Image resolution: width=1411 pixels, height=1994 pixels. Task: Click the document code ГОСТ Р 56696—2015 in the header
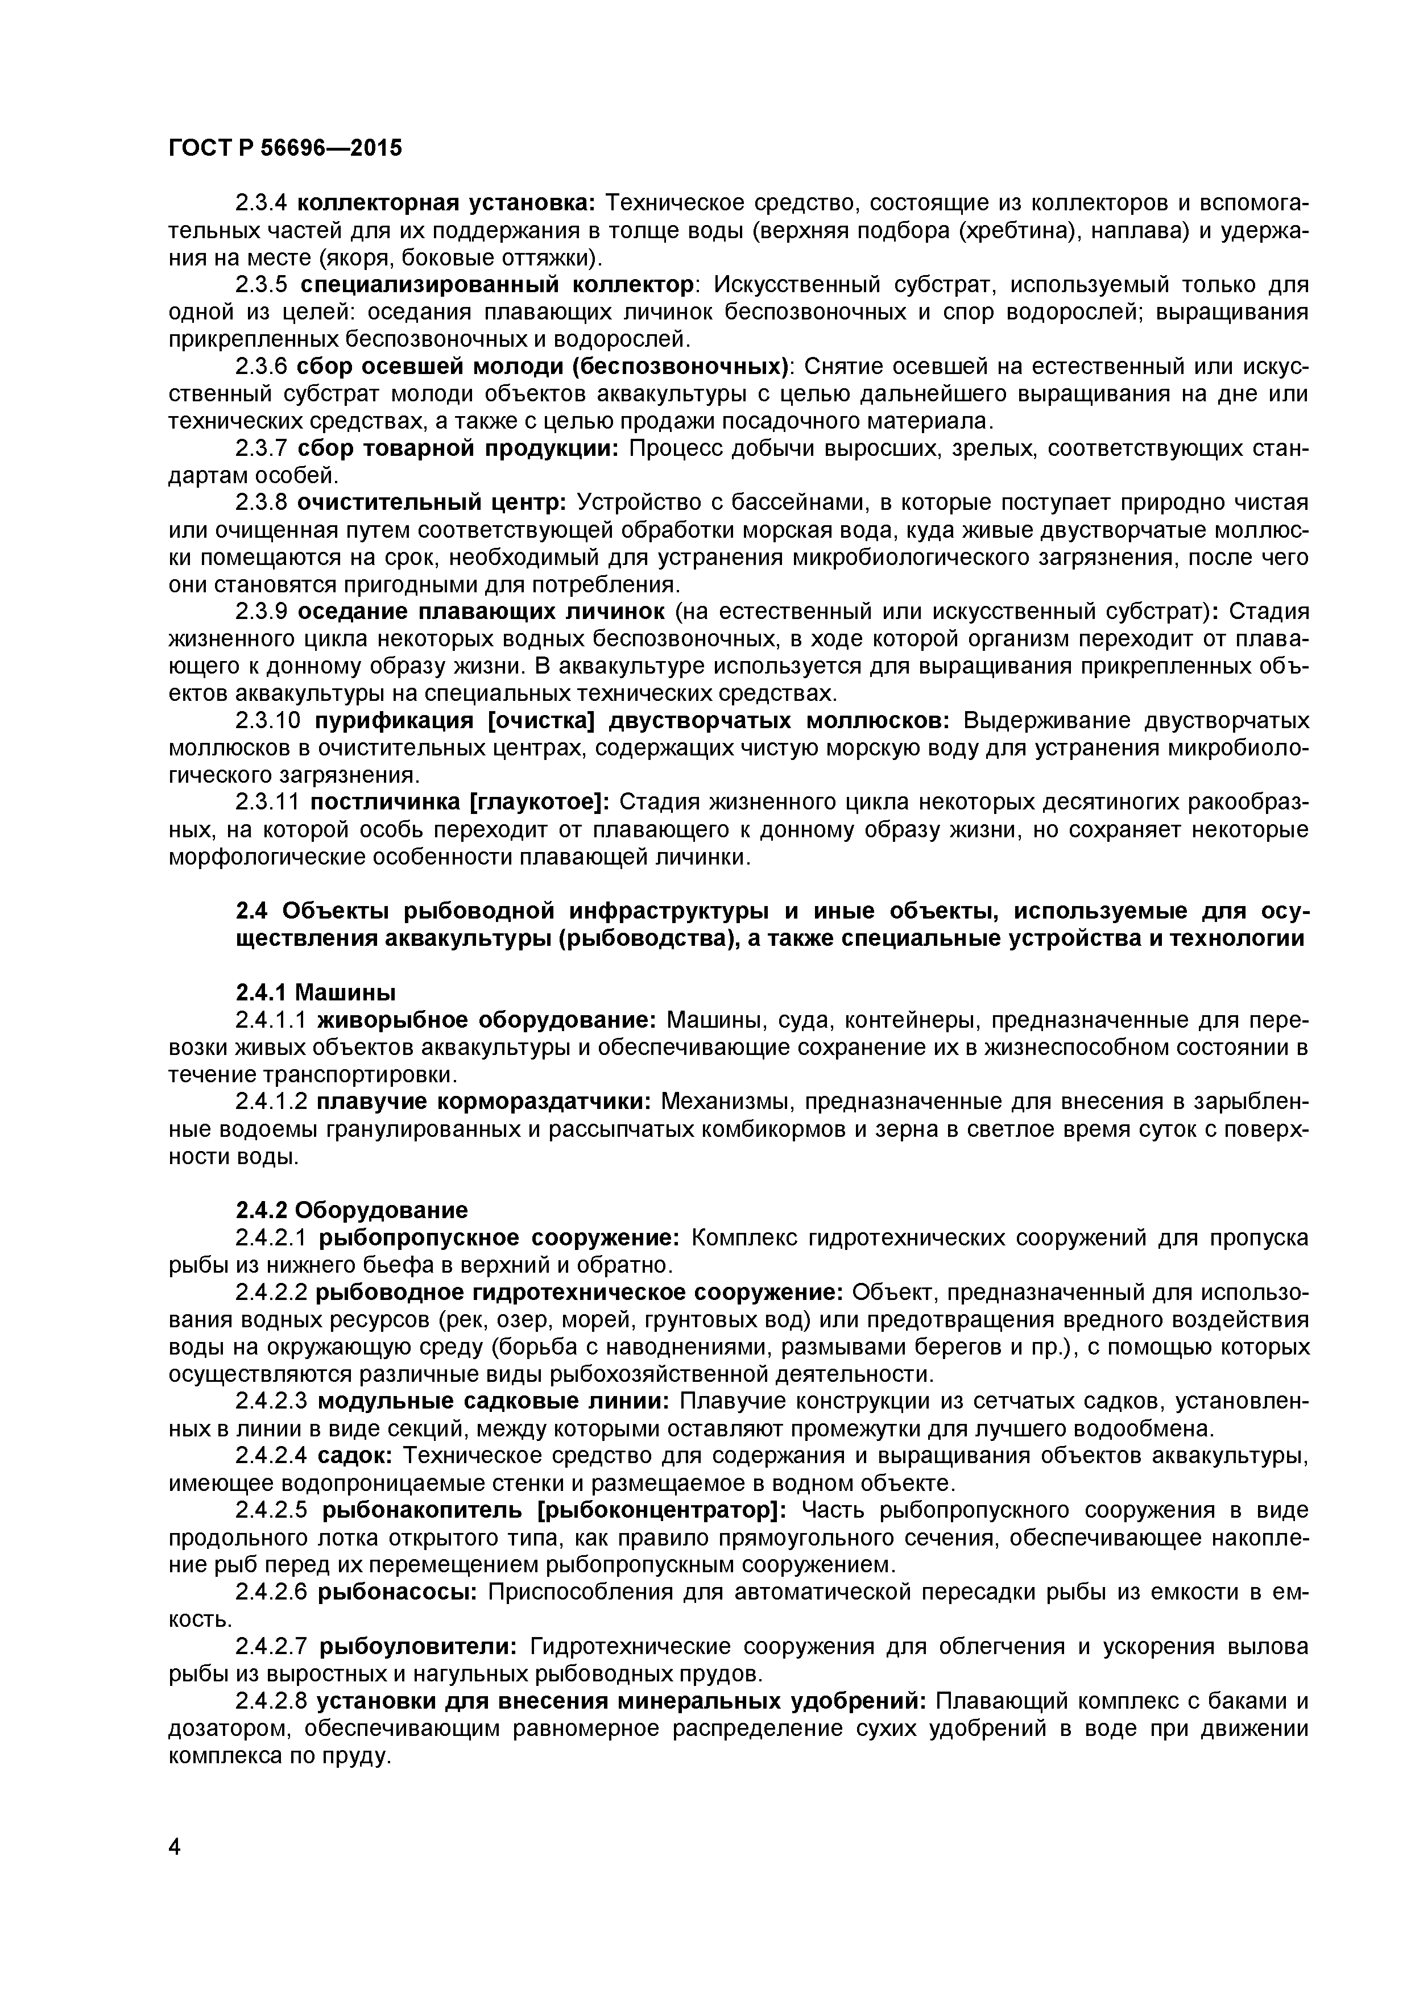[285, 148]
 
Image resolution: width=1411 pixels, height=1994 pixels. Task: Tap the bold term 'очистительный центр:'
[432, 503]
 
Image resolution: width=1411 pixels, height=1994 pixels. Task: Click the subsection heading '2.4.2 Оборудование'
[352, 1210]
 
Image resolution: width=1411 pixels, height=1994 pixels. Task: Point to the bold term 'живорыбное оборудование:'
[487, 1020]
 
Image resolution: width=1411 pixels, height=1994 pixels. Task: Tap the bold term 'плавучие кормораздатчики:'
[484, 1101]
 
